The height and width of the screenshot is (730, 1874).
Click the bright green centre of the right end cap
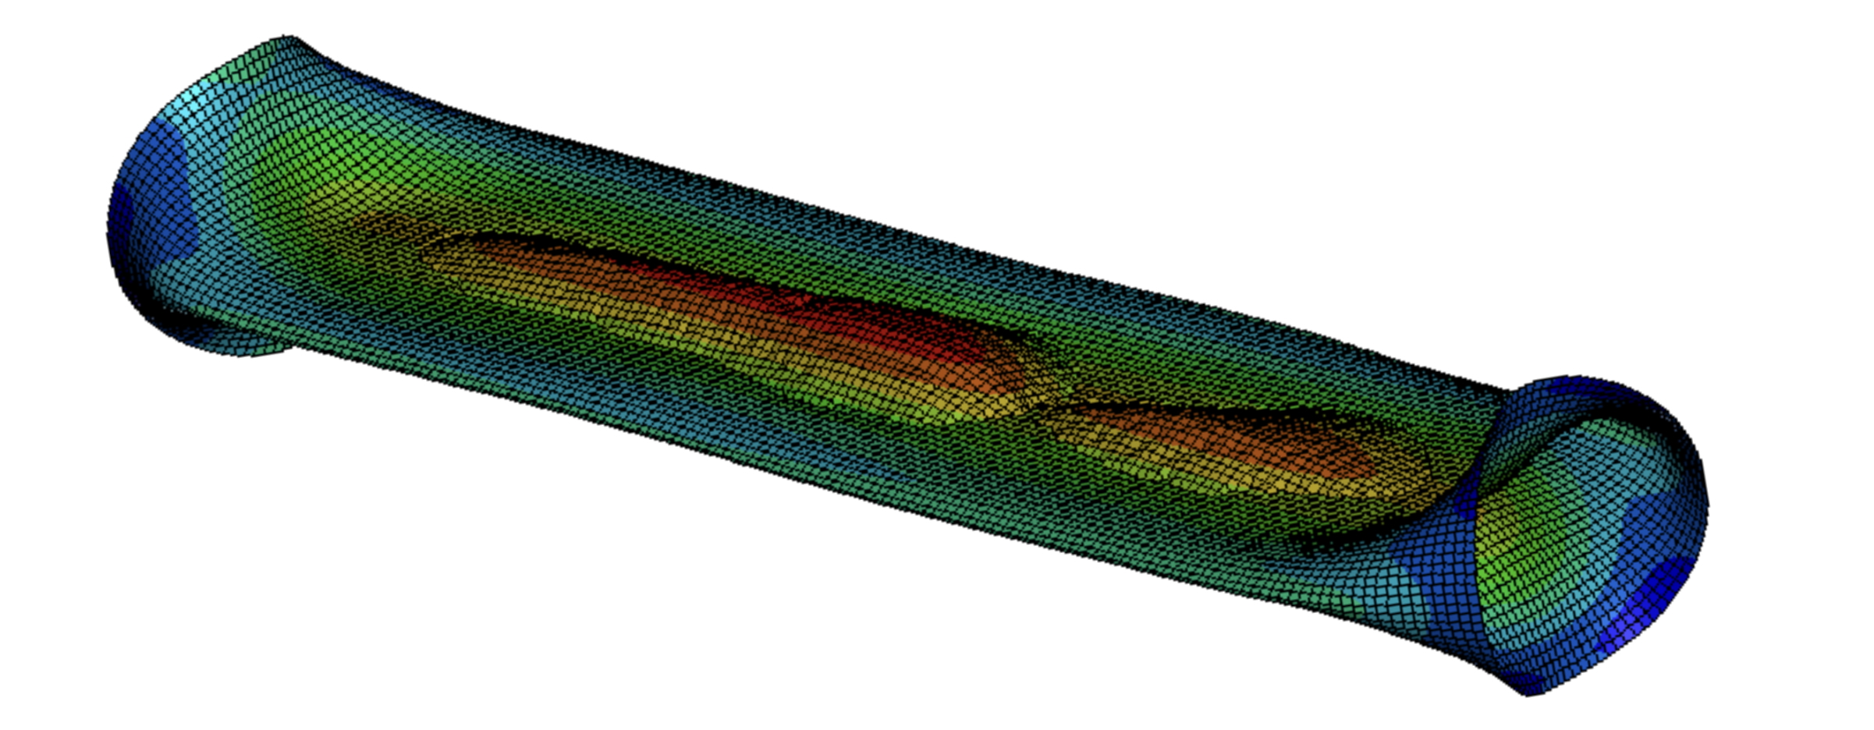point(1529,530)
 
